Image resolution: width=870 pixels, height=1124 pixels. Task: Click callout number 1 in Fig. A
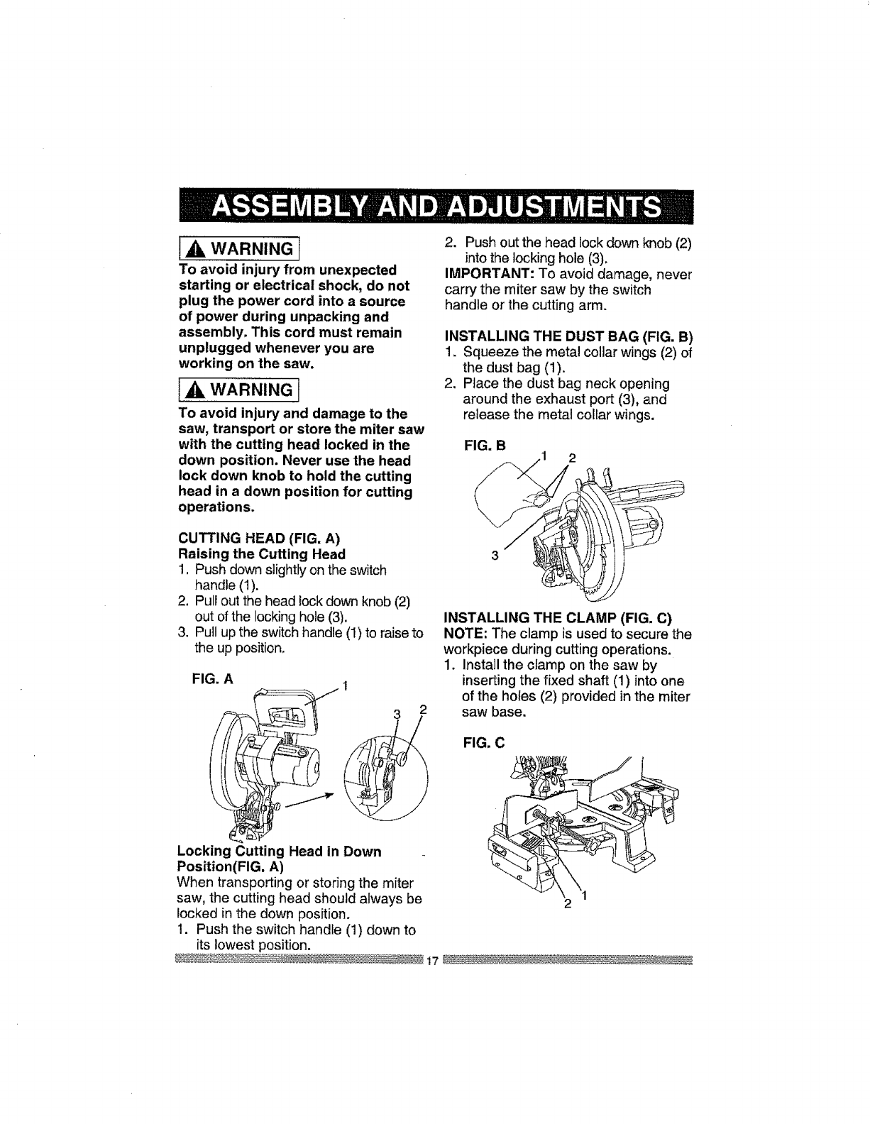(344, 686)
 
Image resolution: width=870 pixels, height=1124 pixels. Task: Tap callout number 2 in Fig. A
(422, 710)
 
